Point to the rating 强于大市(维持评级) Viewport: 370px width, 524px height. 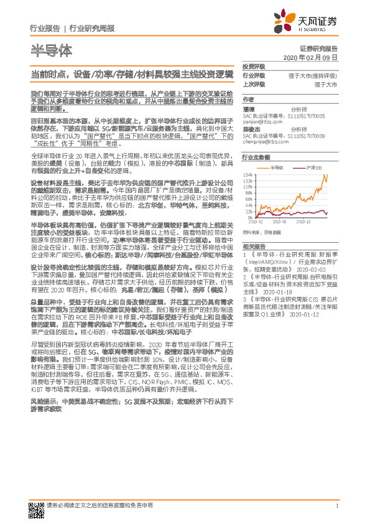(x=313, y=75)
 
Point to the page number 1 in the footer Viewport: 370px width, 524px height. (x=336, y=505)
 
